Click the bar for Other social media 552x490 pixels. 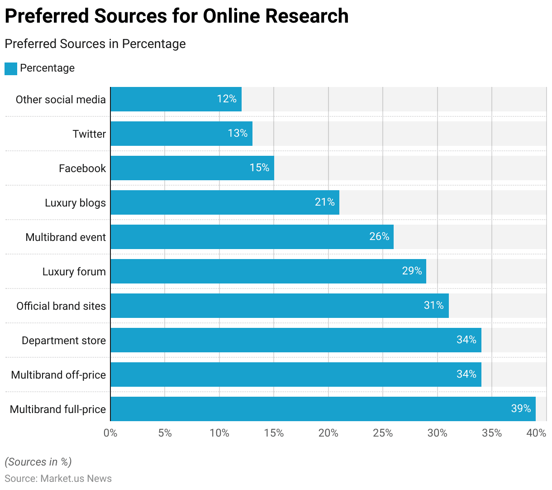(176, 99)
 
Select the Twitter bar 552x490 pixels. (181, 134)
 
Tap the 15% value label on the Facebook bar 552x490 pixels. (259, 168)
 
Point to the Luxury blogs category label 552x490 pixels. (75, 203)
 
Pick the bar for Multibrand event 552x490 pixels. (252, 237)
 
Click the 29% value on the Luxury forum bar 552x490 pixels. (412, 271)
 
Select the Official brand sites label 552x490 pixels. (61, 306)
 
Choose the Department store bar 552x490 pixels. (296, 340)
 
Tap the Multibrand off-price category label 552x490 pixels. (58, 375)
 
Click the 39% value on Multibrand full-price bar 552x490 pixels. (521, 408)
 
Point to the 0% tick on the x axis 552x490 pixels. (110, 433)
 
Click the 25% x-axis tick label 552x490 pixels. (383, 433)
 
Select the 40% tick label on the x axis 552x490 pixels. (536, 433)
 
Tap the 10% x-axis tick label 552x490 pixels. (219, 433)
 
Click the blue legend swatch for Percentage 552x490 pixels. (11, 68)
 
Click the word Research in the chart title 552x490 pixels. (307, 16)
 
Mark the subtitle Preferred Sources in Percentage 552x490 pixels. (95, 44)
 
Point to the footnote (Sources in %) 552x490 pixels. (38, 462)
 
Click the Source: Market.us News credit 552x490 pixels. (58, 479)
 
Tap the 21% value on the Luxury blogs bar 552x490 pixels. (324, 202)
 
